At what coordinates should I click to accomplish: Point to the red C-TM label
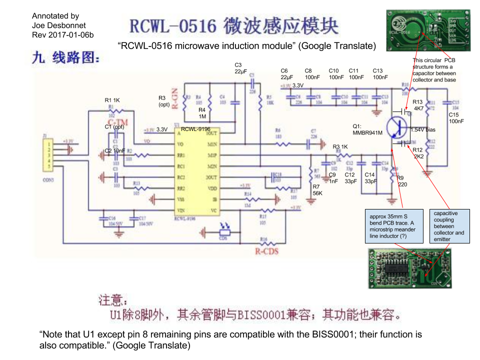[118, 122]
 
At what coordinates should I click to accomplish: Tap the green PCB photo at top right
[428, 31]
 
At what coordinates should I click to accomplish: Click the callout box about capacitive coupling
[448, 226]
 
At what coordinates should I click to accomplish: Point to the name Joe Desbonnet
[58, 25]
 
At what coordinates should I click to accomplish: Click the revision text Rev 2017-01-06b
[62, 35]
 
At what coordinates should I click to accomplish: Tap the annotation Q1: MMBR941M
[367, 129]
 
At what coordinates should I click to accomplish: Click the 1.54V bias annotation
[423, 129]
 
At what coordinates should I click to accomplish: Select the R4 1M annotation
[202, 113]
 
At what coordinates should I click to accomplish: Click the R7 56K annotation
[317, 189]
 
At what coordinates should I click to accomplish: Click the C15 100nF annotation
[456, 118]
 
